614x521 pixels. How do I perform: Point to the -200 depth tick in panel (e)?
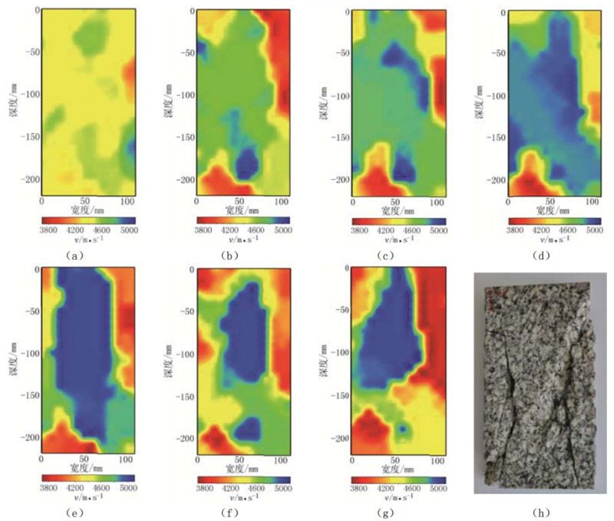[x=30, y=436]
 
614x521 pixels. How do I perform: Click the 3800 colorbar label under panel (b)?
[x=205, y=228]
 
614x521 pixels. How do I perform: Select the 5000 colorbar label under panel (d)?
[x=593, y=228]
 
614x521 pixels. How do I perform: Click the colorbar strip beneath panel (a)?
[x=88, y=218]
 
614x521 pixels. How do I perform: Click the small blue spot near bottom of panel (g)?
[x=401, y=427]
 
